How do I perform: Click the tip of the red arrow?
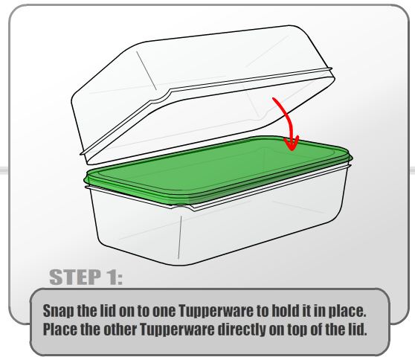(x=292, y=150)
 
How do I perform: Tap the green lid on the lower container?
(x=217, y=170)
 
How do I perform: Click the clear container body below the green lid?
(x=217, y=228)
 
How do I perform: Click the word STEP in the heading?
(x=75, y=277)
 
